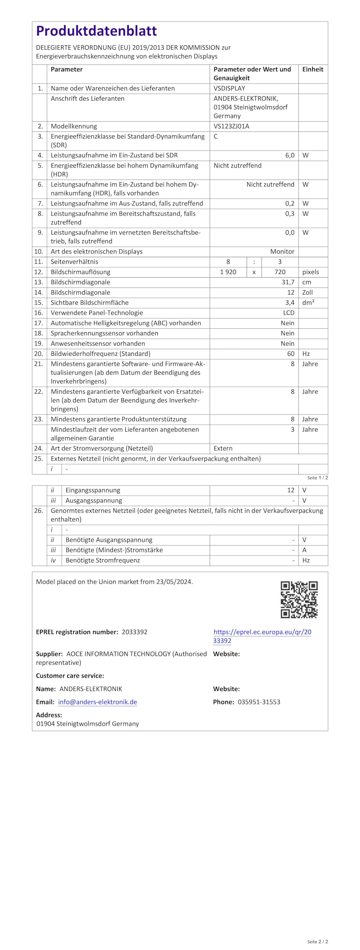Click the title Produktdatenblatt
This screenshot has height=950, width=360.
(96, 31)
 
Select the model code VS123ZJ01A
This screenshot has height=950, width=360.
(231, 126)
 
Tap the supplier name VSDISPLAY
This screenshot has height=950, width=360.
(229, 88)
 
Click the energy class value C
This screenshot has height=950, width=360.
(216, 136)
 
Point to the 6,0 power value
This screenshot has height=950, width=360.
(289, 155)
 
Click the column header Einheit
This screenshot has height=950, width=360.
(312, 69)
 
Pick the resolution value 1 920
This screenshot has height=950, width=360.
(228, 272)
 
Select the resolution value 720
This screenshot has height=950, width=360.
(280, 272)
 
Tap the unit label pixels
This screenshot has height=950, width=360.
(310, 272)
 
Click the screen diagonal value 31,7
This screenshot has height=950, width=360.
(288, 282)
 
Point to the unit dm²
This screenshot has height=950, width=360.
(308, 302)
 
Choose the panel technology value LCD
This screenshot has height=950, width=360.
(288, 313)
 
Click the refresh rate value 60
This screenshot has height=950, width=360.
(291, 354)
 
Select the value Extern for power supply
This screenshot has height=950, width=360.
(223, 448)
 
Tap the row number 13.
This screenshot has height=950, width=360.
(39, 282)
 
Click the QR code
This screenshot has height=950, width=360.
(299, 599)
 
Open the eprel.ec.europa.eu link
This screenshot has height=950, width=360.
(262, 632)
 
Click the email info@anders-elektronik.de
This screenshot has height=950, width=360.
(98, 702)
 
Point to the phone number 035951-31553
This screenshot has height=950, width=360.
(259, 702)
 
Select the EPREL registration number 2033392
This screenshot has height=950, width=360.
(134, 632)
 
